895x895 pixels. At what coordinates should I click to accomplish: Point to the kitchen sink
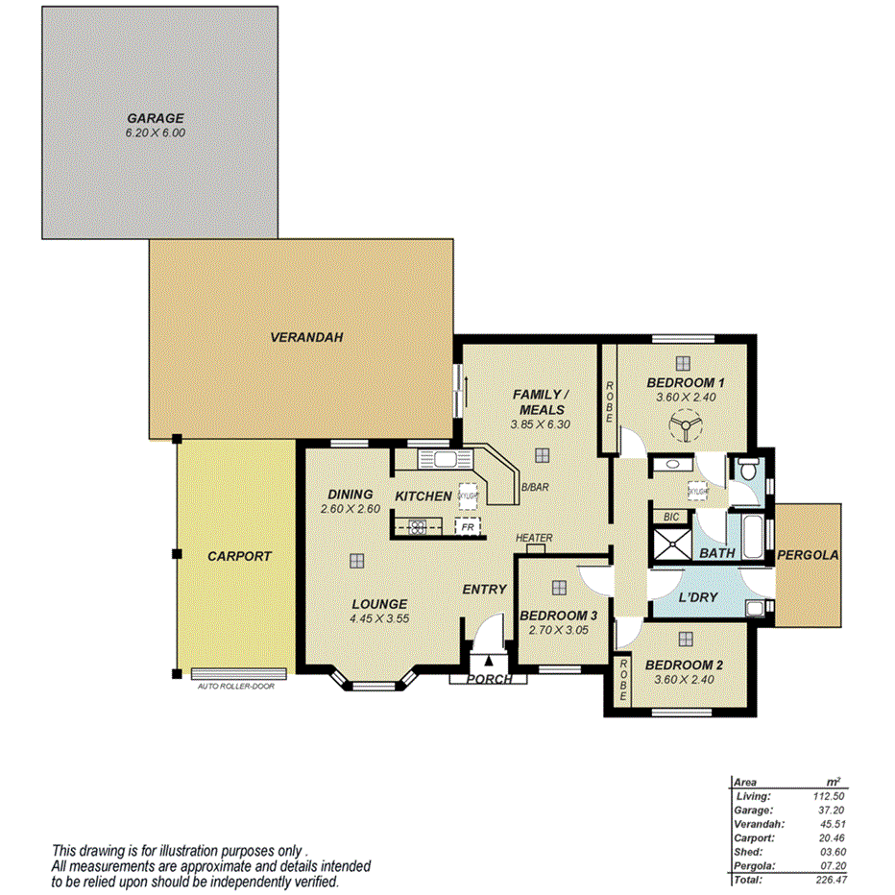coord(444,459)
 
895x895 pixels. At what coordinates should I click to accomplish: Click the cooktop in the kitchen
coord(418,525)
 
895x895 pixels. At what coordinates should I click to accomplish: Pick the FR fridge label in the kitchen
coord(467,527)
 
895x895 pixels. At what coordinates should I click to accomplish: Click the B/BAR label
coord(535,488)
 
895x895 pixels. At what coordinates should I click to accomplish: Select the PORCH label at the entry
coord(488,680)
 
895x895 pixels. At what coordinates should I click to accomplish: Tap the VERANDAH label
coord(305,337)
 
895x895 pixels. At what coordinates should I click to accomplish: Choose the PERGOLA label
coord(808,555)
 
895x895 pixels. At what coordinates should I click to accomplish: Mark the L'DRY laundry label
coord(698,598)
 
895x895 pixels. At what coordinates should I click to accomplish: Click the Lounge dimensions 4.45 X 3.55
coord(379,618)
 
